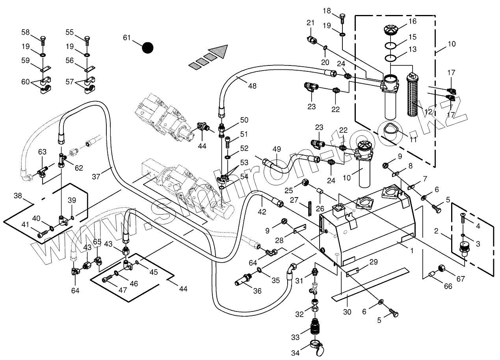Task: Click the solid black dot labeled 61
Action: [x=148, y=48]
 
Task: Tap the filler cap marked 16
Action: [x=390, y=29]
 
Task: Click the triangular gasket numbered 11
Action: [x=391, y=130]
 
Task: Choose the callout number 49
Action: [x=277, y=149]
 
